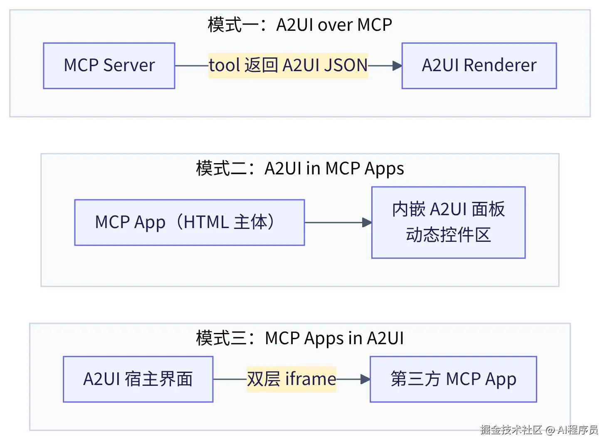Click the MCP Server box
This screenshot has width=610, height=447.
tap(109, 66)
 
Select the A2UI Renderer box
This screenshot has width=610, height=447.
tap(479, 66)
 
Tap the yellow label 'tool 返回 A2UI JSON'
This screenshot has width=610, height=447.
tap(288, 66)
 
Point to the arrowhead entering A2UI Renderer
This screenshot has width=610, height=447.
tap(398, 66)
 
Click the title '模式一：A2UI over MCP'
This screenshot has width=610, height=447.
tap(300, 25)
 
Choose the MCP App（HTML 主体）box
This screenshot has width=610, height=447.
tap(190, 222)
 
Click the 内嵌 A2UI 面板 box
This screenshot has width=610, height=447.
tap(449, 222)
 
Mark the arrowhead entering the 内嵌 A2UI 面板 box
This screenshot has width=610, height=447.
tap(367, 222)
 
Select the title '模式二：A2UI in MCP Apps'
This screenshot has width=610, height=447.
tap(300, 169)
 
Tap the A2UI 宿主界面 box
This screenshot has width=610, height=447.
tap(138, 379)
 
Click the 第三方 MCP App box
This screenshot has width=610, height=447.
tap(453, 379)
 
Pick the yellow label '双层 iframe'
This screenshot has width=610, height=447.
tap(291, 379)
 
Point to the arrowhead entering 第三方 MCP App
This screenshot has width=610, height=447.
tap(366, 379)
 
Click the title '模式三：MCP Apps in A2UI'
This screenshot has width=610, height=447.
tap(300, 338)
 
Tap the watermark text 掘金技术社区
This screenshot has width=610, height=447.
tap(511, 430)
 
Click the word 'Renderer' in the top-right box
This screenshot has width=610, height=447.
tap(500, 65)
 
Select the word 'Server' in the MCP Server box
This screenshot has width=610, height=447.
tap(129, 65)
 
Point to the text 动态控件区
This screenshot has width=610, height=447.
tap(449, 235)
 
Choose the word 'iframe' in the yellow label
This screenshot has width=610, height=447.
tap(311, 379)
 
